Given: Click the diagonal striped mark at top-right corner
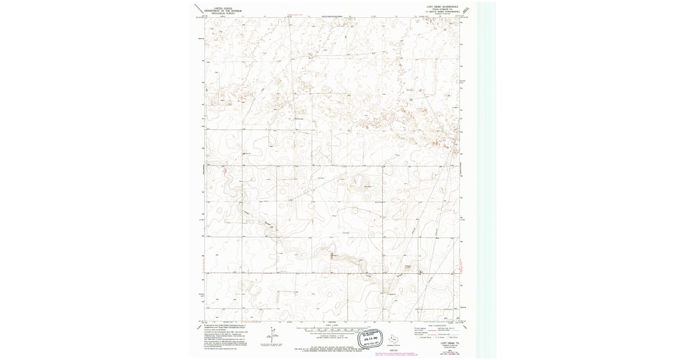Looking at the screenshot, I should click(468, 9).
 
